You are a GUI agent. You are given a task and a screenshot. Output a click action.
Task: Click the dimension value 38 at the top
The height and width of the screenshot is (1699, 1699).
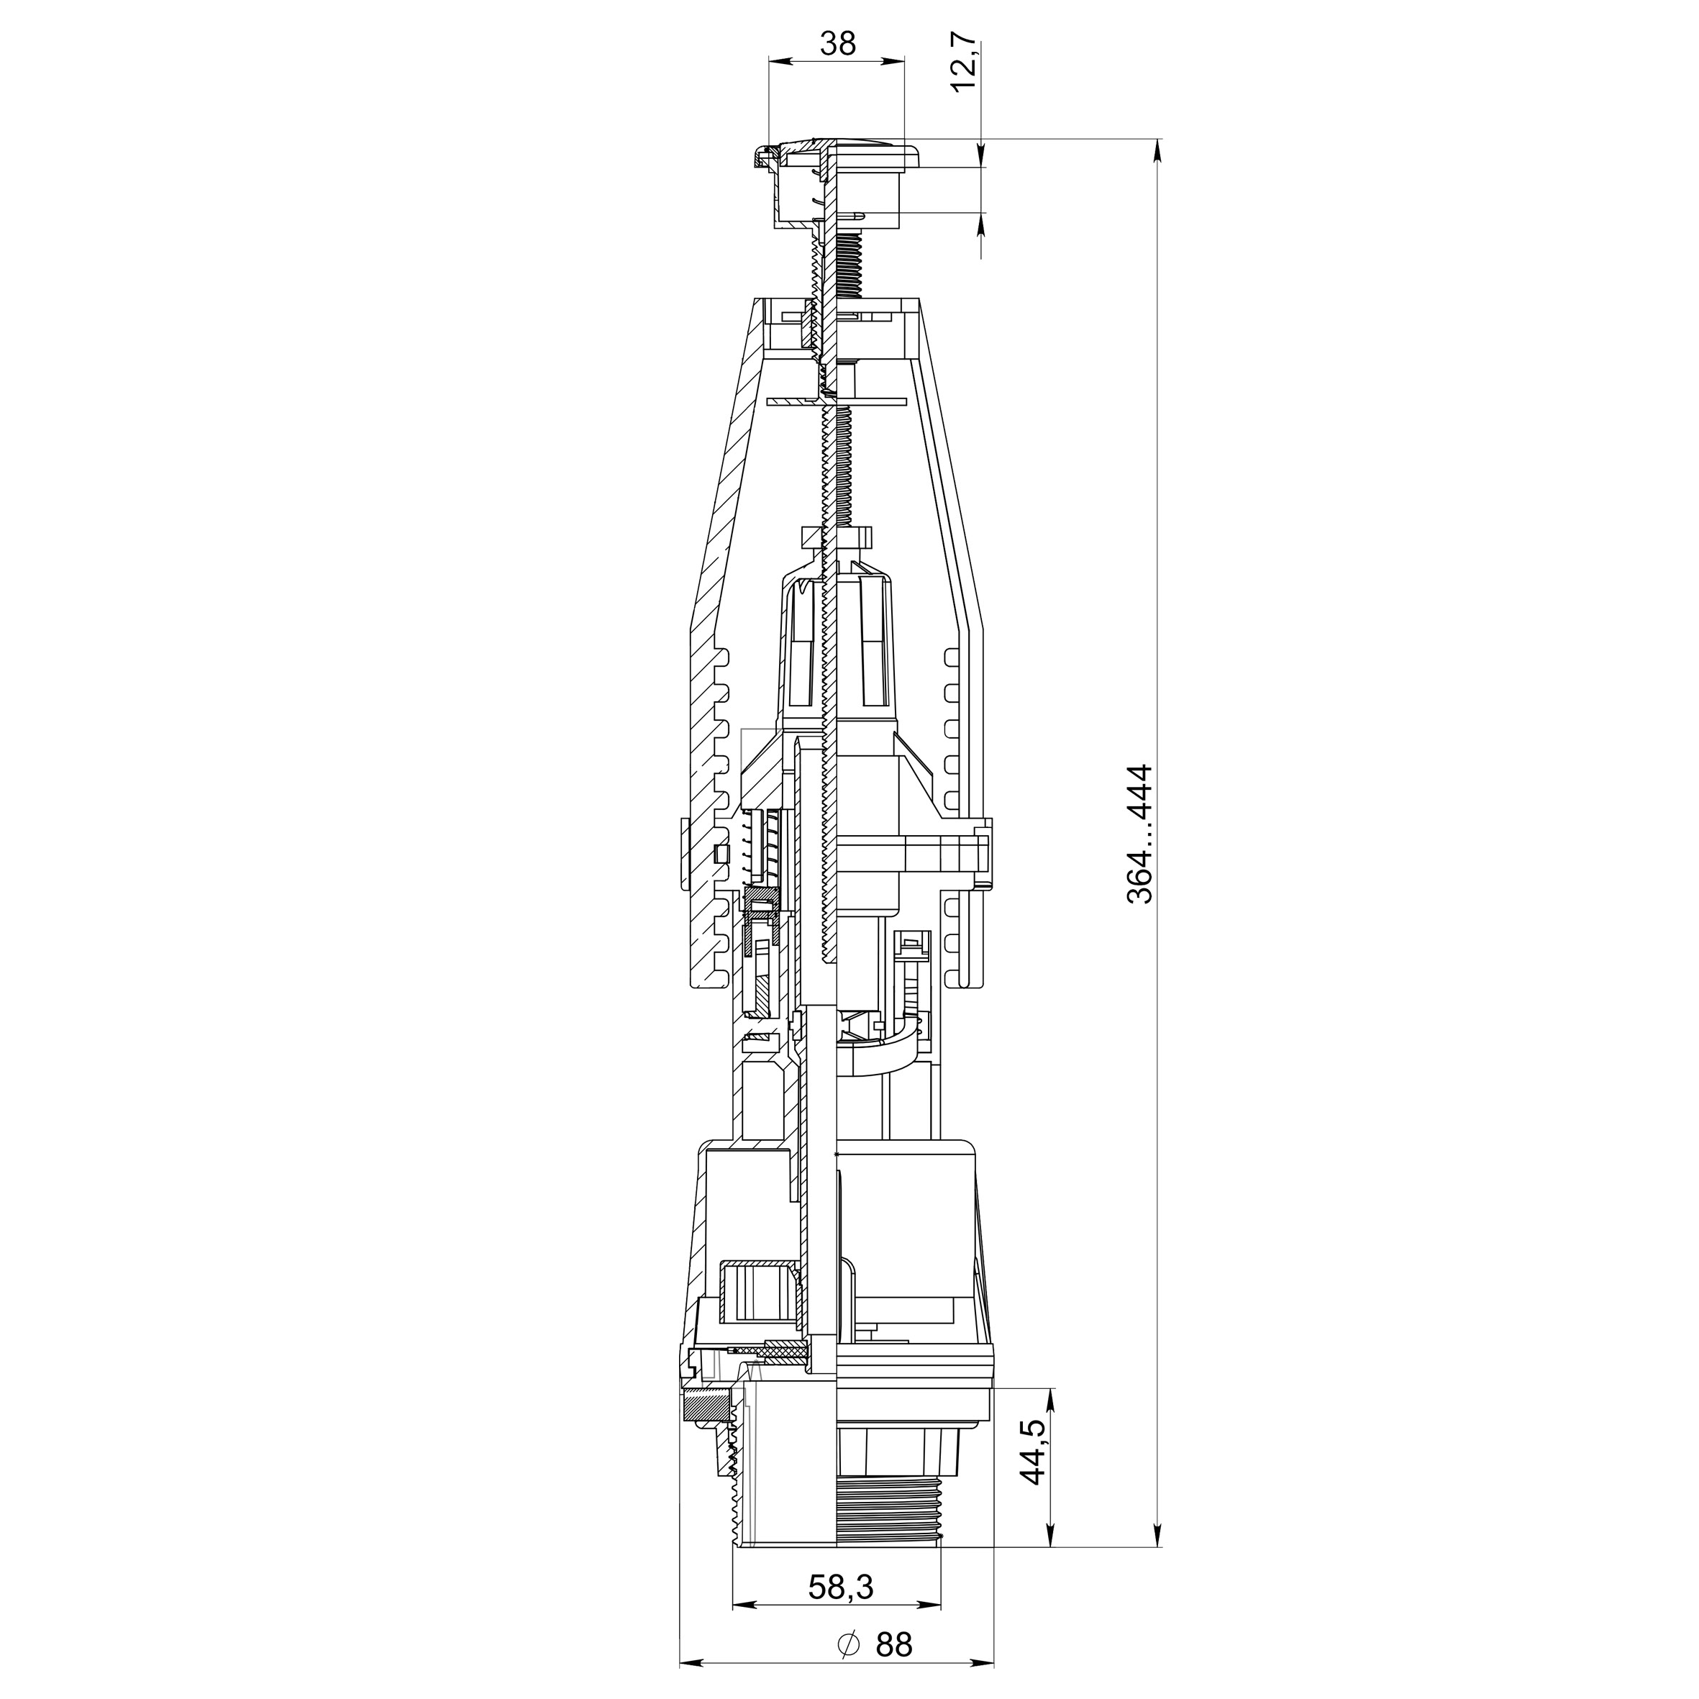coord(837,42)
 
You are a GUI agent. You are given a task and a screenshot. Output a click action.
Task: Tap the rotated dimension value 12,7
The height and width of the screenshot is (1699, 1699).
coord(965,62)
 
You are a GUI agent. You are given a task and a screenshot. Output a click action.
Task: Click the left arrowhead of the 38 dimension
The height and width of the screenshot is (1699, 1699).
coord(779,60)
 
